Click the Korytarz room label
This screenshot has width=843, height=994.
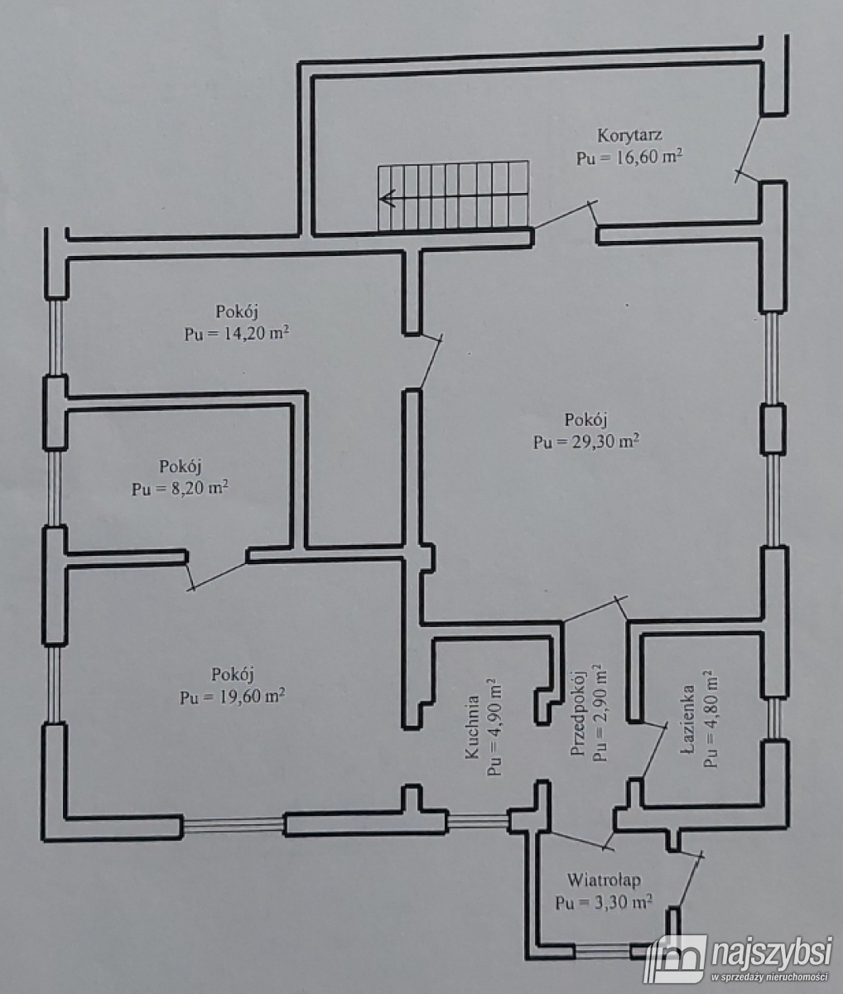pos(629,135)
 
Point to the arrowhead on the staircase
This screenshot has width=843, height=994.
pos(386,198)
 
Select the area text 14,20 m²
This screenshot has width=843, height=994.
pos(239,335)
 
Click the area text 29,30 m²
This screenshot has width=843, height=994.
pos(585,441)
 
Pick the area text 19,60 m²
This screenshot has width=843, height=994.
pos(233,696)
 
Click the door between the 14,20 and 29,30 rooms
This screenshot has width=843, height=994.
pos(431,361)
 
